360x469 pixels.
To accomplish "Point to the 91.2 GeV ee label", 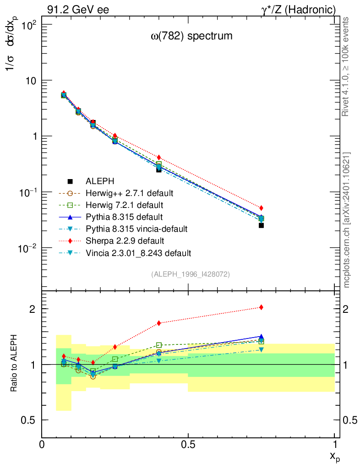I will [78, 10].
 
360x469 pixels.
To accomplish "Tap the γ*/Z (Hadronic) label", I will [298, 10].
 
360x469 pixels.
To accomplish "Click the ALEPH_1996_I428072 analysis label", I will [190, 274].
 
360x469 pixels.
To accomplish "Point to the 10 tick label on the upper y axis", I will [29, 81].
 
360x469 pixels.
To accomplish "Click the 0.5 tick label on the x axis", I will [188, 444].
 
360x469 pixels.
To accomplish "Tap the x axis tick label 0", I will [42, 444].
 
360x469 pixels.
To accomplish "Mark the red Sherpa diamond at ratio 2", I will [261, 307].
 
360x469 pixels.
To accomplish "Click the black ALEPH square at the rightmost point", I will [261, 225].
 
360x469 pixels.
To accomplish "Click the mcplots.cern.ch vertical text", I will [347, 220].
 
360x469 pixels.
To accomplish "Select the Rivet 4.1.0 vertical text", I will [347, 66].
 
